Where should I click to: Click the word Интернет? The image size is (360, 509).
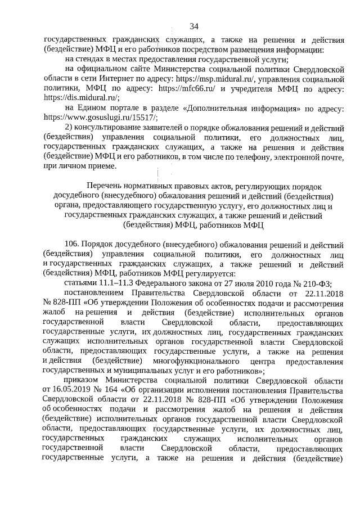click(112, 79)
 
